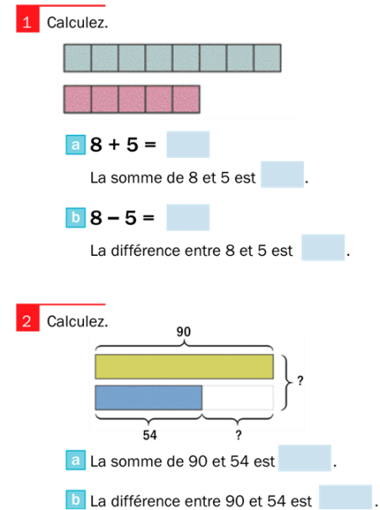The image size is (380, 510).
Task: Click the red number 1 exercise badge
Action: coord(28,19)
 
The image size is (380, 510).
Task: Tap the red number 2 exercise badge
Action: coord(28,318)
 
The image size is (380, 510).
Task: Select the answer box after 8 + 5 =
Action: coord(188,144)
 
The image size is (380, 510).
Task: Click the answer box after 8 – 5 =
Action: coord(188,217)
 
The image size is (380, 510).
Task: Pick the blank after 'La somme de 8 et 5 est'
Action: coord(282,174)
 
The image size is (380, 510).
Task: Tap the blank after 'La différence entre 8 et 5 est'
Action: coord(323,247)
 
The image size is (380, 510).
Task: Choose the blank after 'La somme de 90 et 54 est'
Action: coord(305,458)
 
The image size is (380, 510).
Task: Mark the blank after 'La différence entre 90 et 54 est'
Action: coord(346,497)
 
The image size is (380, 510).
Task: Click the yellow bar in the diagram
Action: coord(185,367)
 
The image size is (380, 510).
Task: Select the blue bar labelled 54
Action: coord(148,398)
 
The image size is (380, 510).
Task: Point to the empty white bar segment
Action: coord(237,398)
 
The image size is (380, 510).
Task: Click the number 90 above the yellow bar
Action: coord(184,332)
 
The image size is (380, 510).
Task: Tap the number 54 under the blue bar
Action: coord(150,435)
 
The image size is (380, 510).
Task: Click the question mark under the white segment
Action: coord(238,435)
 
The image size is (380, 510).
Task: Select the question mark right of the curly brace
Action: coord(300,380)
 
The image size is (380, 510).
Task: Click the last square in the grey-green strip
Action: coord(268,58)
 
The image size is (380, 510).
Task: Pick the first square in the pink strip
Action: coord(77,99)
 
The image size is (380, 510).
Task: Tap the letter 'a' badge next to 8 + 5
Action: coord(75,145)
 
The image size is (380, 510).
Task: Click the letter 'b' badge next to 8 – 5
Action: coord(75,217)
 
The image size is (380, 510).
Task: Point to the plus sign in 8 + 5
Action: coord(114,144)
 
